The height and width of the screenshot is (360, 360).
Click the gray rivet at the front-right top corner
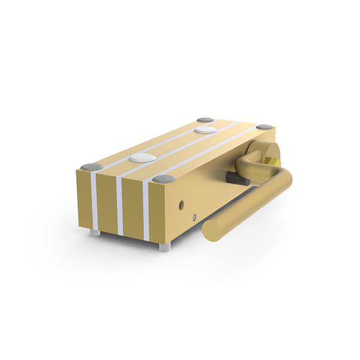pyautogui.click(x=163, y=178)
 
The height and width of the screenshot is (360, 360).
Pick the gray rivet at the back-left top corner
pyautogui.click(x=205, y=120)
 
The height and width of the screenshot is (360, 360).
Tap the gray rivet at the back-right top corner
pyautogui.click(x=265, y=127)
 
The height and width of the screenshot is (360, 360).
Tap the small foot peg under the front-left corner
pyautogui.click(x=94, y=232)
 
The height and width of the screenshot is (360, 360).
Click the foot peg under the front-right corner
pyautogui.click(x=164, y=246)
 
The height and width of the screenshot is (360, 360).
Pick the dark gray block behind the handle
pyautogui.click(x=236, y=179)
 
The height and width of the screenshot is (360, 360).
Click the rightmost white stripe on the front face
pyautogui.click(x=146, y=213)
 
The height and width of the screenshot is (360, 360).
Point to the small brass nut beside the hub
pyautogui.click(x=274, y=161)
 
